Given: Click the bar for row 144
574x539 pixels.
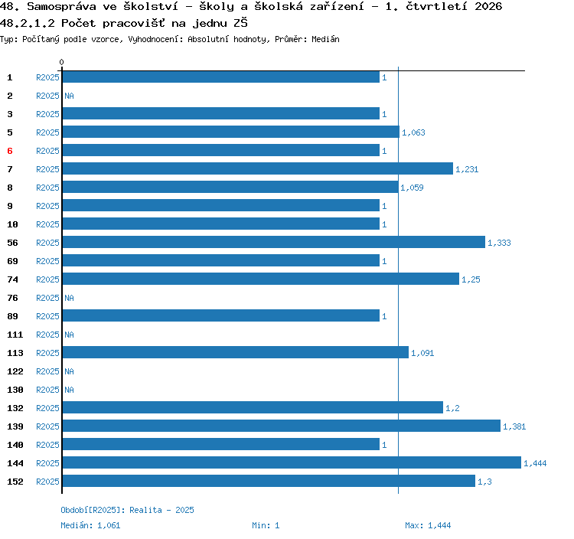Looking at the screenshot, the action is point(292,462).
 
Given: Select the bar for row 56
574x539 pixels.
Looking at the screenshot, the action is point(274,242).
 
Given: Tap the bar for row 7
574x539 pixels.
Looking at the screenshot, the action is point(258,168).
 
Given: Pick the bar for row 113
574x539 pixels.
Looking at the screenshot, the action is point(236,352).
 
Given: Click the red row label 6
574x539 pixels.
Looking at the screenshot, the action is point(10,151).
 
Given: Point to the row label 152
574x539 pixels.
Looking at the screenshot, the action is point(15,482).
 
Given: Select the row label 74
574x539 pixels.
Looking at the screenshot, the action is point(12,279).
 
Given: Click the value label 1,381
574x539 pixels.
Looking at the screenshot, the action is point(514,426).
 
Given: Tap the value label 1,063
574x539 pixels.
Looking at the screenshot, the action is point(413,132).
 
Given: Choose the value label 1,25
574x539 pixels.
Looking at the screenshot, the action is point(471,279).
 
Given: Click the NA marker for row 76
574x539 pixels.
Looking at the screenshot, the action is point(69,298).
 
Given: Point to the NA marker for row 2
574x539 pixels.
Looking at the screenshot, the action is point(69,96).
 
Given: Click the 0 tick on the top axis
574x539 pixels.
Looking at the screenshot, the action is point(61,62).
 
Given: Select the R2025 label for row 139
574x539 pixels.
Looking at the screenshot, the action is point(47,426).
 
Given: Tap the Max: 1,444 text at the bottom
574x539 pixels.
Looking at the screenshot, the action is point(428,525).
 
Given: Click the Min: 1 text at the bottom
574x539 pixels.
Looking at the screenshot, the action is point(266,525).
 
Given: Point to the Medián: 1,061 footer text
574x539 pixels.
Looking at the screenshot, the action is point(90,525).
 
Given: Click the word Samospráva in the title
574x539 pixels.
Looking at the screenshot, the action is point(61,7).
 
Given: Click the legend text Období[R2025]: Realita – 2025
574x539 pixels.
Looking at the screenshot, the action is point(127,510).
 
